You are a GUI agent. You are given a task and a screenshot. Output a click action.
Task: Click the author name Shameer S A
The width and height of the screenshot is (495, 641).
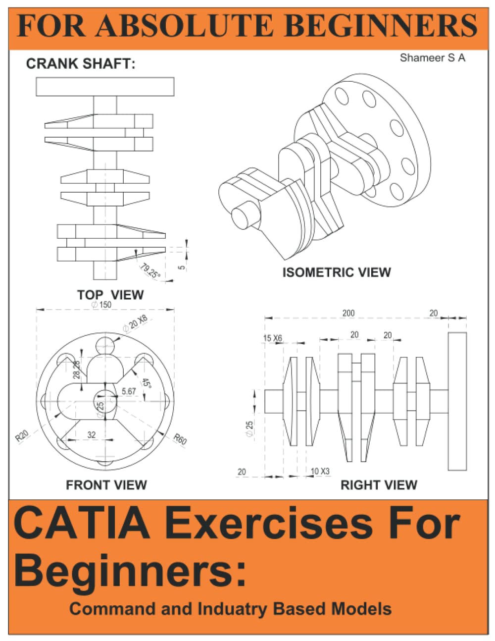tap(432, 58)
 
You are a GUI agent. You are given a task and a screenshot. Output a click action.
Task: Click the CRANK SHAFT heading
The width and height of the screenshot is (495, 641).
tap(80, 64)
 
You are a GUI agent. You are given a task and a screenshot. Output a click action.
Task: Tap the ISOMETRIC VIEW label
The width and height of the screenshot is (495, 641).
tap(336, 272)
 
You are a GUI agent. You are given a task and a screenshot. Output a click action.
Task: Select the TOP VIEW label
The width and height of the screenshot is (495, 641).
tap(110, 295)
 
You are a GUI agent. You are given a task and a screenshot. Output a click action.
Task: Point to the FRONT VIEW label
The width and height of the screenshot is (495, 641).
tap(106, 484)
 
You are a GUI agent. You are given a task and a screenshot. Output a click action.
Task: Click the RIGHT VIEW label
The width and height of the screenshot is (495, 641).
tap(379, 485)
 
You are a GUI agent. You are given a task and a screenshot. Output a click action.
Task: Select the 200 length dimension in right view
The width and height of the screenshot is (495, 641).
tap(348, 313)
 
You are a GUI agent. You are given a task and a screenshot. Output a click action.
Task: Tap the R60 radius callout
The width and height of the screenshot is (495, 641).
tap(180, 439)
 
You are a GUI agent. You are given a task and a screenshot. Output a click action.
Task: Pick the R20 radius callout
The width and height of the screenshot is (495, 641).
tap(22, 435)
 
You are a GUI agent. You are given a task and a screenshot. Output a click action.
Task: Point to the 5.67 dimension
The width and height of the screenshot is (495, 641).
tap(129, 391)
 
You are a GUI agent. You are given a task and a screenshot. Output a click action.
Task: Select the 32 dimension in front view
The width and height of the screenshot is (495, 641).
tap(92, 435)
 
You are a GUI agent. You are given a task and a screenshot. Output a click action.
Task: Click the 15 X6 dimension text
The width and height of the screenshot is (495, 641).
tap(272, 338)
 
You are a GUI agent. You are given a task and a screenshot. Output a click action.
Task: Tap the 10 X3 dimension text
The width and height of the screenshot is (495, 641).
tap(320, 471)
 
